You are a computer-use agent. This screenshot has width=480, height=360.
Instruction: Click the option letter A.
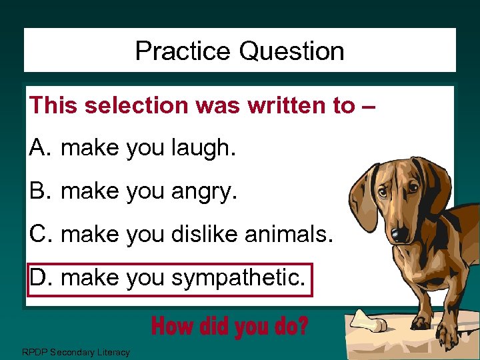(37, 148)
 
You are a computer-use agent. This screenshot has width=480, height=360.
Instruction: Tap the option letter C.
(38, 233)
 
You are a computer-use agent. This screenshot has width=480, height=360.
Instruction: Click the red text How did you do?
(230, 327)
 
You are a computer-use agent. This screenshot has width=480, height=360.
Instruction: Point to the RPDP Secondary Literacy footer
(75, 352)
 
